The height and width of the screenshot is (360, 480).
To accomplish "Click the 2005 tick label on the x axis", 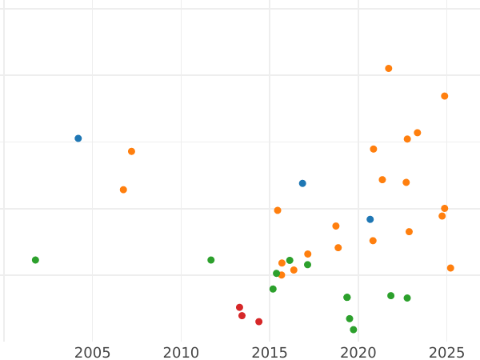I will [x=92, y=352].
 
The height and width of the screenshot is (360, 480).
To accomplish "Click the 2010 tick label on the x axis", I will [x=181, y=352].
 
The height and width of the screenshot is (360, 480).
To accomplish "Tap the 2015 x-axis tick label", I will [x=270, y=352].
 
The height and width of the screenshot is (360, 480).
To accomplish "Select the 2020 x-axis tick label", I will [x=358, y=352].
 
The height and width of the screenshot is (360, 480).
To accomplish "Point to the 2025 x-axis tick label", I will [x=447, y=352].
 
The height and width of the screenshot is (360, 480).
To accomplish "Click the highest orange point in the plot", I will [x=389, y=69].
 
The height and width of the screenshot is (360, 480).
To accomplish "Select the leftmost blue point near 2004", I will [x=78, y=138].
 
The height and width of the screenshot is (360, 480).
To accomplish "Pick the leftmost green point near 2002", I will [x=35, y=260].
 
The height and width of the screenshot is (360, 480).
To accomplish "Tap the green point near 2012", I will [x=211, y=260].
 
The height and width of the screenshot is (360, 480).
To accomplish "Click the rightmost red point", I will [x=258, y=322].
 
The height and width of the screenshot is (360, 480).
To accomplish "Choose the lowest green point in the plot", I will [x=353, y=330].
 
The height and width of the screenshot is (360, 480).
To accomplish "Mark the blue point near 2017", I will [x=302, y=183].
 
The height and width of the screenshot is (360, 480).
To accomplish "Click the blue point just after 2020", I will [x=370, y=219].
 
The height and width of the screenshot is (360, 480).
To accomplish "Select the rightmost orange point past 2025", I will [x=450, y=268].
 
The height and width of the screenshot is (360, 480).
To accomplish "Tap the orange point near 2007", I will [x=131, y=151].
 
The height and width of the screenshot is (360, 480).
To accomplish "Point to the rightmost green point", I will [x=407, y=298].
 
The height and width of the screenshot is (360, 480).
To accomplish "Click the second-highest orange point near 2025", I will [x=445, y=96].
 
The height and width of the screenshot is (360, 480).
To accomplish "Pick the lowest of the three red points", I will [x=258, y=322].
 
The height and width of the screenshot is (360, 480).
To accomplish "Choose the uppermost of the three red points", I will [x=239, y=307].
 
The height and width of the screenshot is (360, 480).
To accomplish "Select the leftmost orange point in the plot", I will [x=123, y=190].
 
